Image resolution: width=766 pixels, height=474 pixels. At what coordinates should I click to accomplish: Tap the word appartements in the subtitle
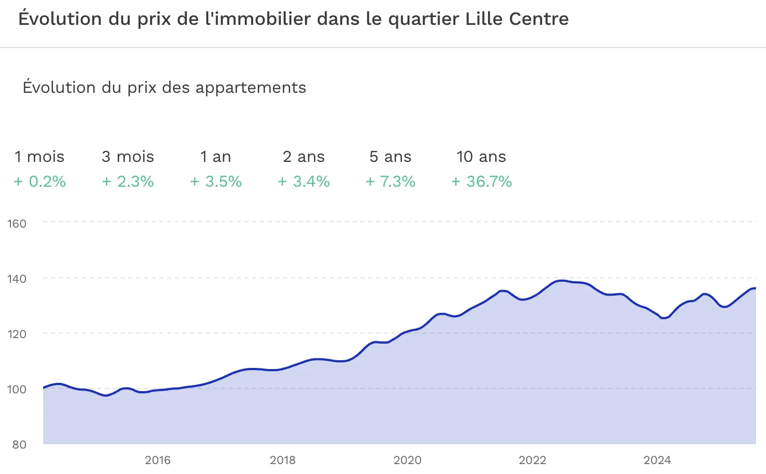(x=250, y=87)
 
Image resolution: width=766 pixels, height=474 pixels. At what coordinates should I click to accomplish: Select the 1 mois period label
(x=39, y=157)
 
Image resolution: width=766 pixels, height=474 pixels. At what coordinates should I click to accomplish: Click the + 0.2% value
(x=40, y=181)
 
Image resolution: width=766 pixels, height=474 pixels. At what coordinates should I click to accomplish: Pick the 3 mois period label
(x=128, y=157)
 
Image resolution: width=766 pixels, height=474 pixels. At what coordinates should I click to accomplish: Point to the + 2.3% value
(x=128, y=181)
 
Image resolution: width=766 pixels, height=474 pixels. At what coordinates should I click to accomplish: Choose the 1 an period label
(x=216, y=157)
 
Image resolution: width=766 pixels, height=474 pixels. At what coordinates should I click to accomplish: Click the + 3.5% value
(x=216, y=181)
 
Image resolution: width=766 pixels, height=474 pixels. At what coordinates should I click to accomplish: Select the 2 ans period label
(x=303, y=157)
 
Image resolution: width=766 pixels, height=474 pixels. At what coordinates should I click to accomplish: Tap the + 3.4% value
(x=303, y=181)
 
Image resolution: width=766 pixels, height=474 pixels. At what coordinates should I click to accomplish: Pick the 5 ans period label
(x=391, y=157)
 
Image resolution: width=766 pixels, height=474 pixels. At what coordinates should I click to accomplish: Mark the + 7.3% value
(x=391, y=181)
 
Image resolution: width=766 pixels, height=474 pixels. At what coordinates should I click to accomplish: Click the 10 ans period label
(x=481, y=157)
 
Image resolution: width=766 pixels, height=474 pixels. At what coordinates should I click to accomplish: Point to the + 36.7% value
(x=481, y=181)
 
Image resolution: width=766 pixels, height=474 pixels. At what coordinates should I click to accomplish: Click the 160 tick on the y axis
(x=17, y=223)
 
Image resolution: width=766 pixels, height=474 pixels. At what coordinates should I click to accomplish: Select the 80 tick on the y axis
(x=20, y=444)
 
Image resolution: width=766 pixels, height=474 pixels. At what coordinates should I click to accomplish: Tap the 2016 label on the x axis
(x=158, y=460)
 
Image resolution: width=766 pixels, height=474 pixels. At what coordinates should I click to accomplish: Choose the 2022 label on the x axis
(x=533, y=460)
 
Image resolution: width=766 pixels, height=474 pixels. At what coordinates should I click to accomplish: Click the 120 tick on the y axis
(x=17, y=334)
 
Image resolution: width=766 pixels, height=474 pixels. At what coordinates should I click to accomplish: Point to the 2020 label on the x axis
(x=408, y=460)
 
